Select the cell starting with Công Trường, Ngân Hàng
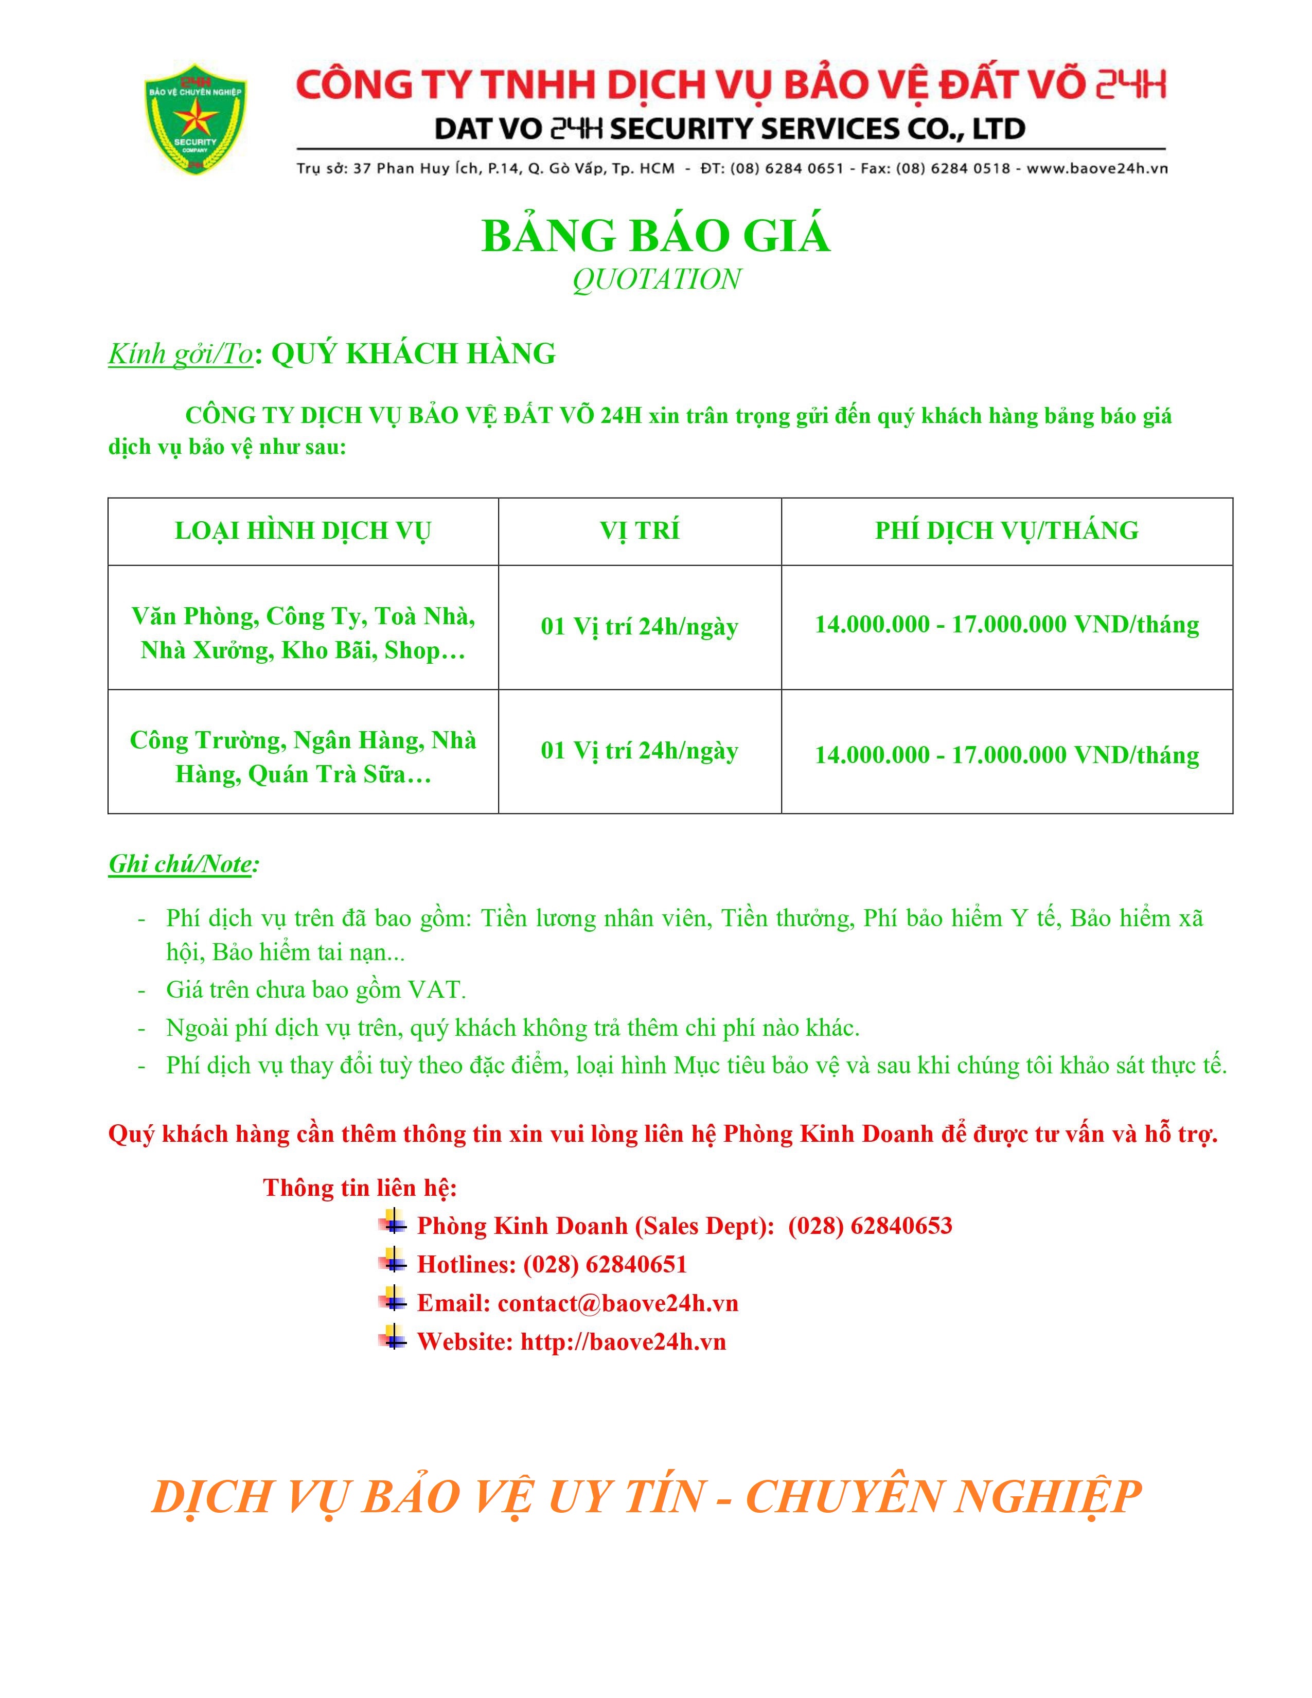click(x=303, y=756)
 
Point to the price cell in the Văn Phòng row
click(x=1006, y=624)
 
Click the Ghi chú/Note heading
click(x=184, y=864)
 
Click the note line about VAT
click(x=315, y=989)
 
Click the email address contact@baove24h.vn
click(x=618, y=1303)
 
